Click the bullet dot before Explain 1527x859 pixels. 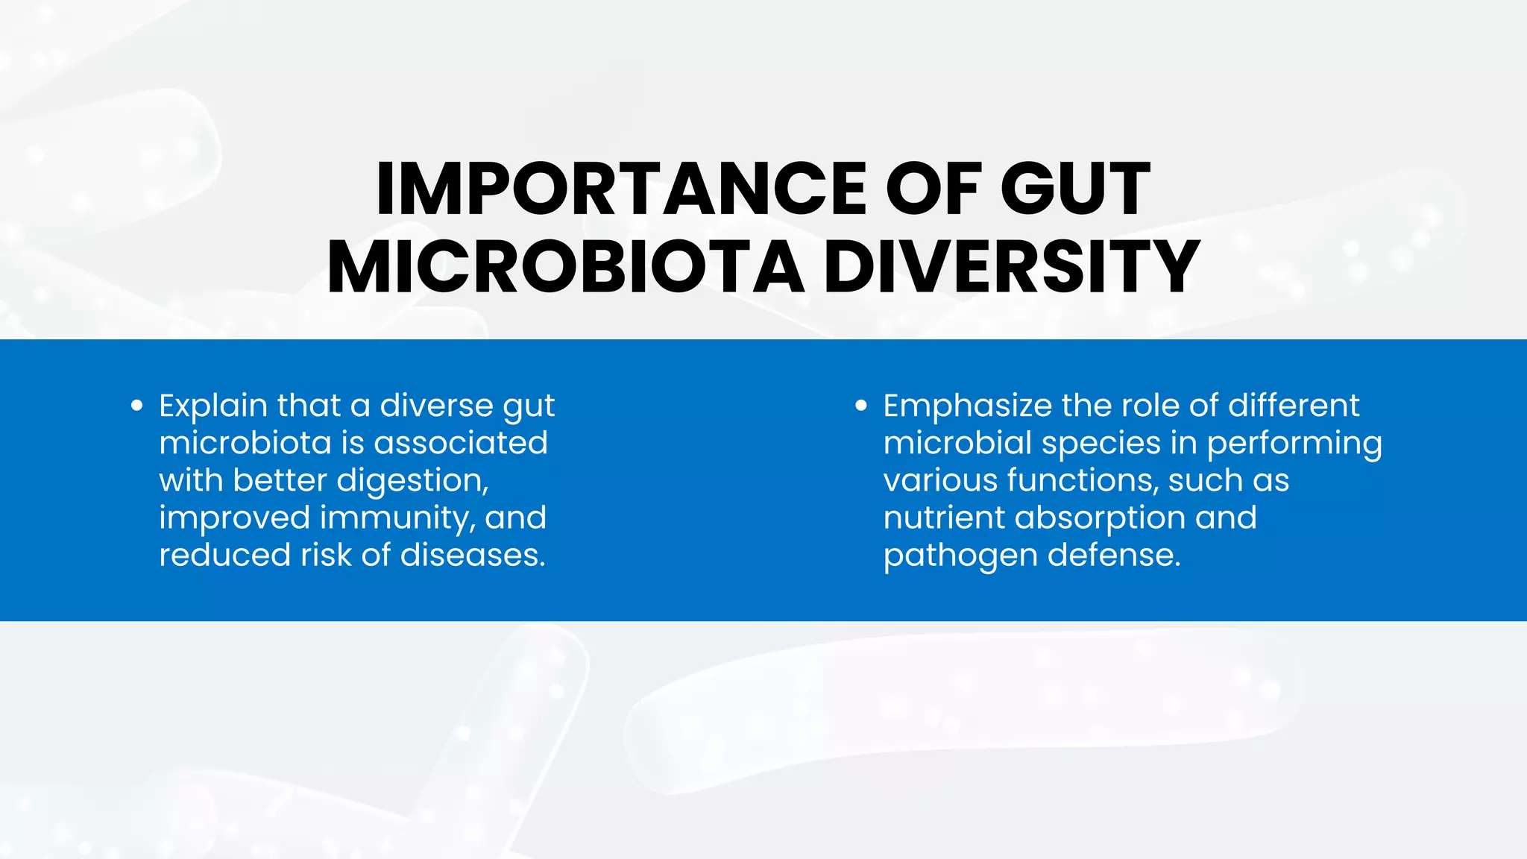(x=136, y=406)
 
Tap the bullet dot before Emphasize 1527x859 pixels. (x=861, y=406)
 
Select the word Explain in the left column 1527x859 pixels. (x=213, y=406)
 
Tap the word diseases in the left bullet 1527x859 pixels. (x=473, y=555)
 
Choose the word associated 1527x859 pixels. (x=461, y=443)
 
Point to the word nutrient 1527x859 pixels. (x=943, y=517)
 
